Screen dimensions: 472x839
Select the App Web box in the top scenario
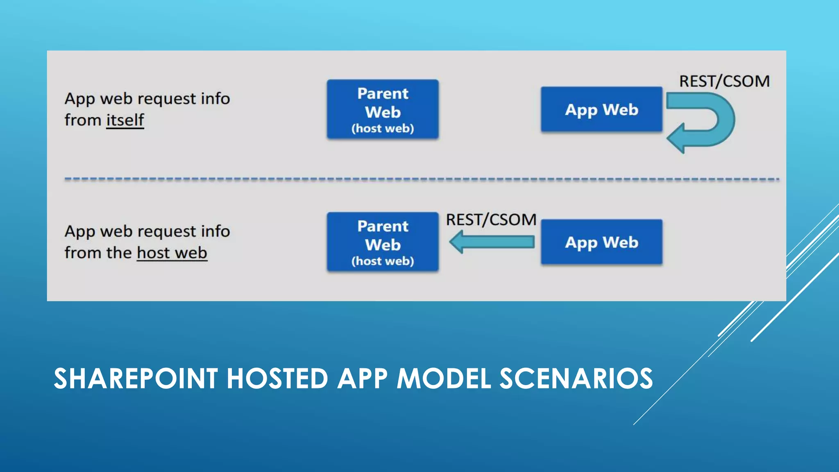601,109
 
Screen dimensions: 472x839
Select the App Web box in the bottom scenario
601,242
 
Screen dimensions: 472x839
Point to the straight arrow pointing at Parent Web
492,242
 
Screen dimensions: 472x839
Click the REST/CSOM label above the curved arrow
724,81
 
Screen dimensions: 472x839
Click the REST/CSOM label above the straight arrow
491,220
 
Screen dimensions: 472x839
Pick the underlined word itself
125,120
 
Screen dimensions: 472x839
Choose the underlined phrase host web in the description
172,253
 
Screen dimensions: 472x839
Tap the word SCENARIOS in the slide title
576,378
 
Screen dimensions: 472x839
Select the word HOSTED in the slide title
277,378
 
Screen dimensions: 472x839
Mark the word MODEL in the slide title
444,378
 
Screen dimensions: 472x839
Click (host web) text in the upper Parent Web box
383,129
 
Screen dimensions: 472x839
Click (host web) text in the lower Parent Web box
383,261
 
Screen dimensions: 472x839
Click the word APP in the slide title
363,378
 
